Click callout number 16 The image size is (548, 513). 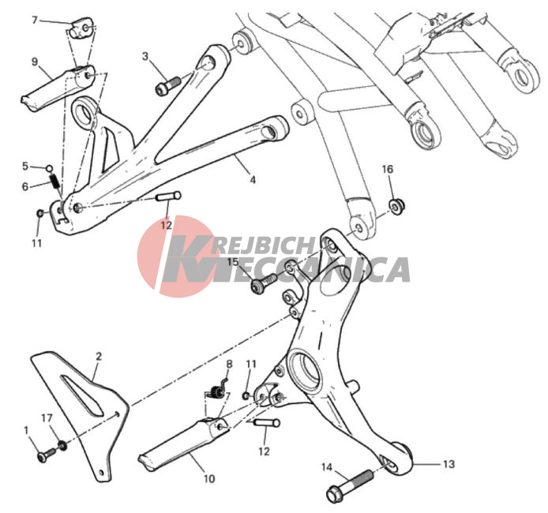[387, 170]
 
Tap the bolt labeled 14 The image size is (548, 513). [350, 485]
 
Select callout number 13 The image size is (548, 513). [449, 464]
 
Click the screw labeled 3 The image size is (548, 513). [167, 86]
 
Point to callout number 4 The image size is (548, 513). [253, 179]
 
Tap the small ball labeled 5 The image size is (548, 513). [50, 169]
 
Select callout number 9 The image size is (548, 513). [35, 62]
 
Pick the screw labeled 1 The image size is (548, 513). [46, 455]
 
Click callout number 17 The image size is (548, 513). [47, 418]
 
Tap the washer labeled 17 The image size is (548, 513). [62, 445]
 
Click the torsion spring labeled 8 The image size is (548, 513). [217, 391]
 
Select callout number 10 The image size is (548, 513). [209, 479]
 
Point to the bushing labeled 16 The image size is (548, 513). [396, 207]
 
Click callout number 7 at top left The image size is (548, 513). [34, 21]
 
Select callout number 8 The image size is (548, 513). [229, 365]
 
